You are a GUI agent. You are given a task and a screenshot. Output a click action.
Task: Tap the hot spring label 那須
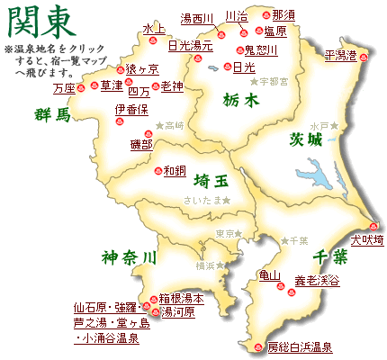click(x=283, y=15)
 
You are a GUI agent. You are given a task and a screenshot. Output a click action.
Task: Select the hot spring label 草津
click(x=112, y=85)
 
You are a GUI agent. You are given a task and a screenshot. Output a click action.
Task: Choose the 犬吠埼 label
click(x=366, y=240)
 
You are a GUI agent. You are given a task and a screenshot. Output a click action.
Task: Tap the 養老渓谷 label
click(x=318, y=282)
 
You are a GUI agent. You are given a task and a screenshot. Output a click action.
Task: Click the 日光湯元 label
click(x=191, y=44)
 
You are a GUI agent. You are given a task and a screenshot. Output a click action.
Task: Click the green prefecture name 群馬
click(x=51, y=114)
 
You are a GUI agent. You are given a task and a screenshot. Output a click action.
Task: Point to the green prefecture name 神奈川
click(x=129, y=256)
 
